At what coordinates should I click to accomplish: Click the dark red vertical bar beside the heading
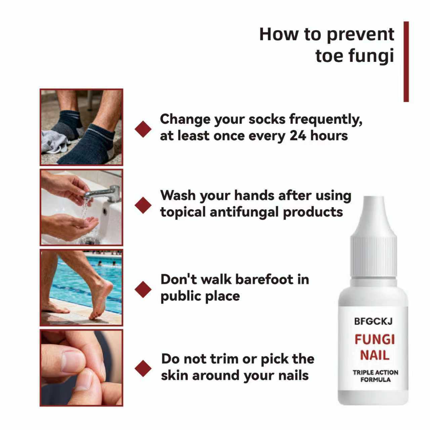click(x=406, y=61)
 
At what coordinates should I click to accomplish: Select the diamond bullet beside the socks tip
click(x=143, y=129)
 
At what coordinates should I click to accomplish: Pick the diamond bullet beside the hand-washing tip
click(x=143, y=205)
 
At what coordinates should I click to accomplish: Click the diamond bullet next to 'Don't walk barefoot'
click(x=143, y=289)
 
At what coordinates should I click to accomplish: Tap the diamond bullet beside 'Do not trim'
click(x=143, y=368)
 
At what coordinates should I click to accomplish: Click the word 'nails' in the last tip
click(x=292, y=375)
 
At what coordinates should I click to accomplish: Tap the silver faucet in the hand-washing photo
click(x=104, y=193)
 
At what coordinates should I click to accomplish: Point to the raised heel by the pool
click(x=107, y=287)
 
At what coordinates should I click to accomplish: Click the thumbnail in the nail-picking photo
click(x=72, y=361)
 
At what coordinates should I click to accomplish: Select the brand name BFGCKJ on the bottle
click(x=373, y=321)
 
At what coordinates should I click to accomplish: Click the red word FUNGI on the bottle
click(x=375, y=339)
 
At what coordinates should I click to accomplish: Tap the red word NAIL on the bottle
click(x=375, y=355)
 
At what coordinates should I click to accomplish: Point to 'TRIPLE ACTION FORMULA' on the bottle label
click(x=375, y=376)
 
